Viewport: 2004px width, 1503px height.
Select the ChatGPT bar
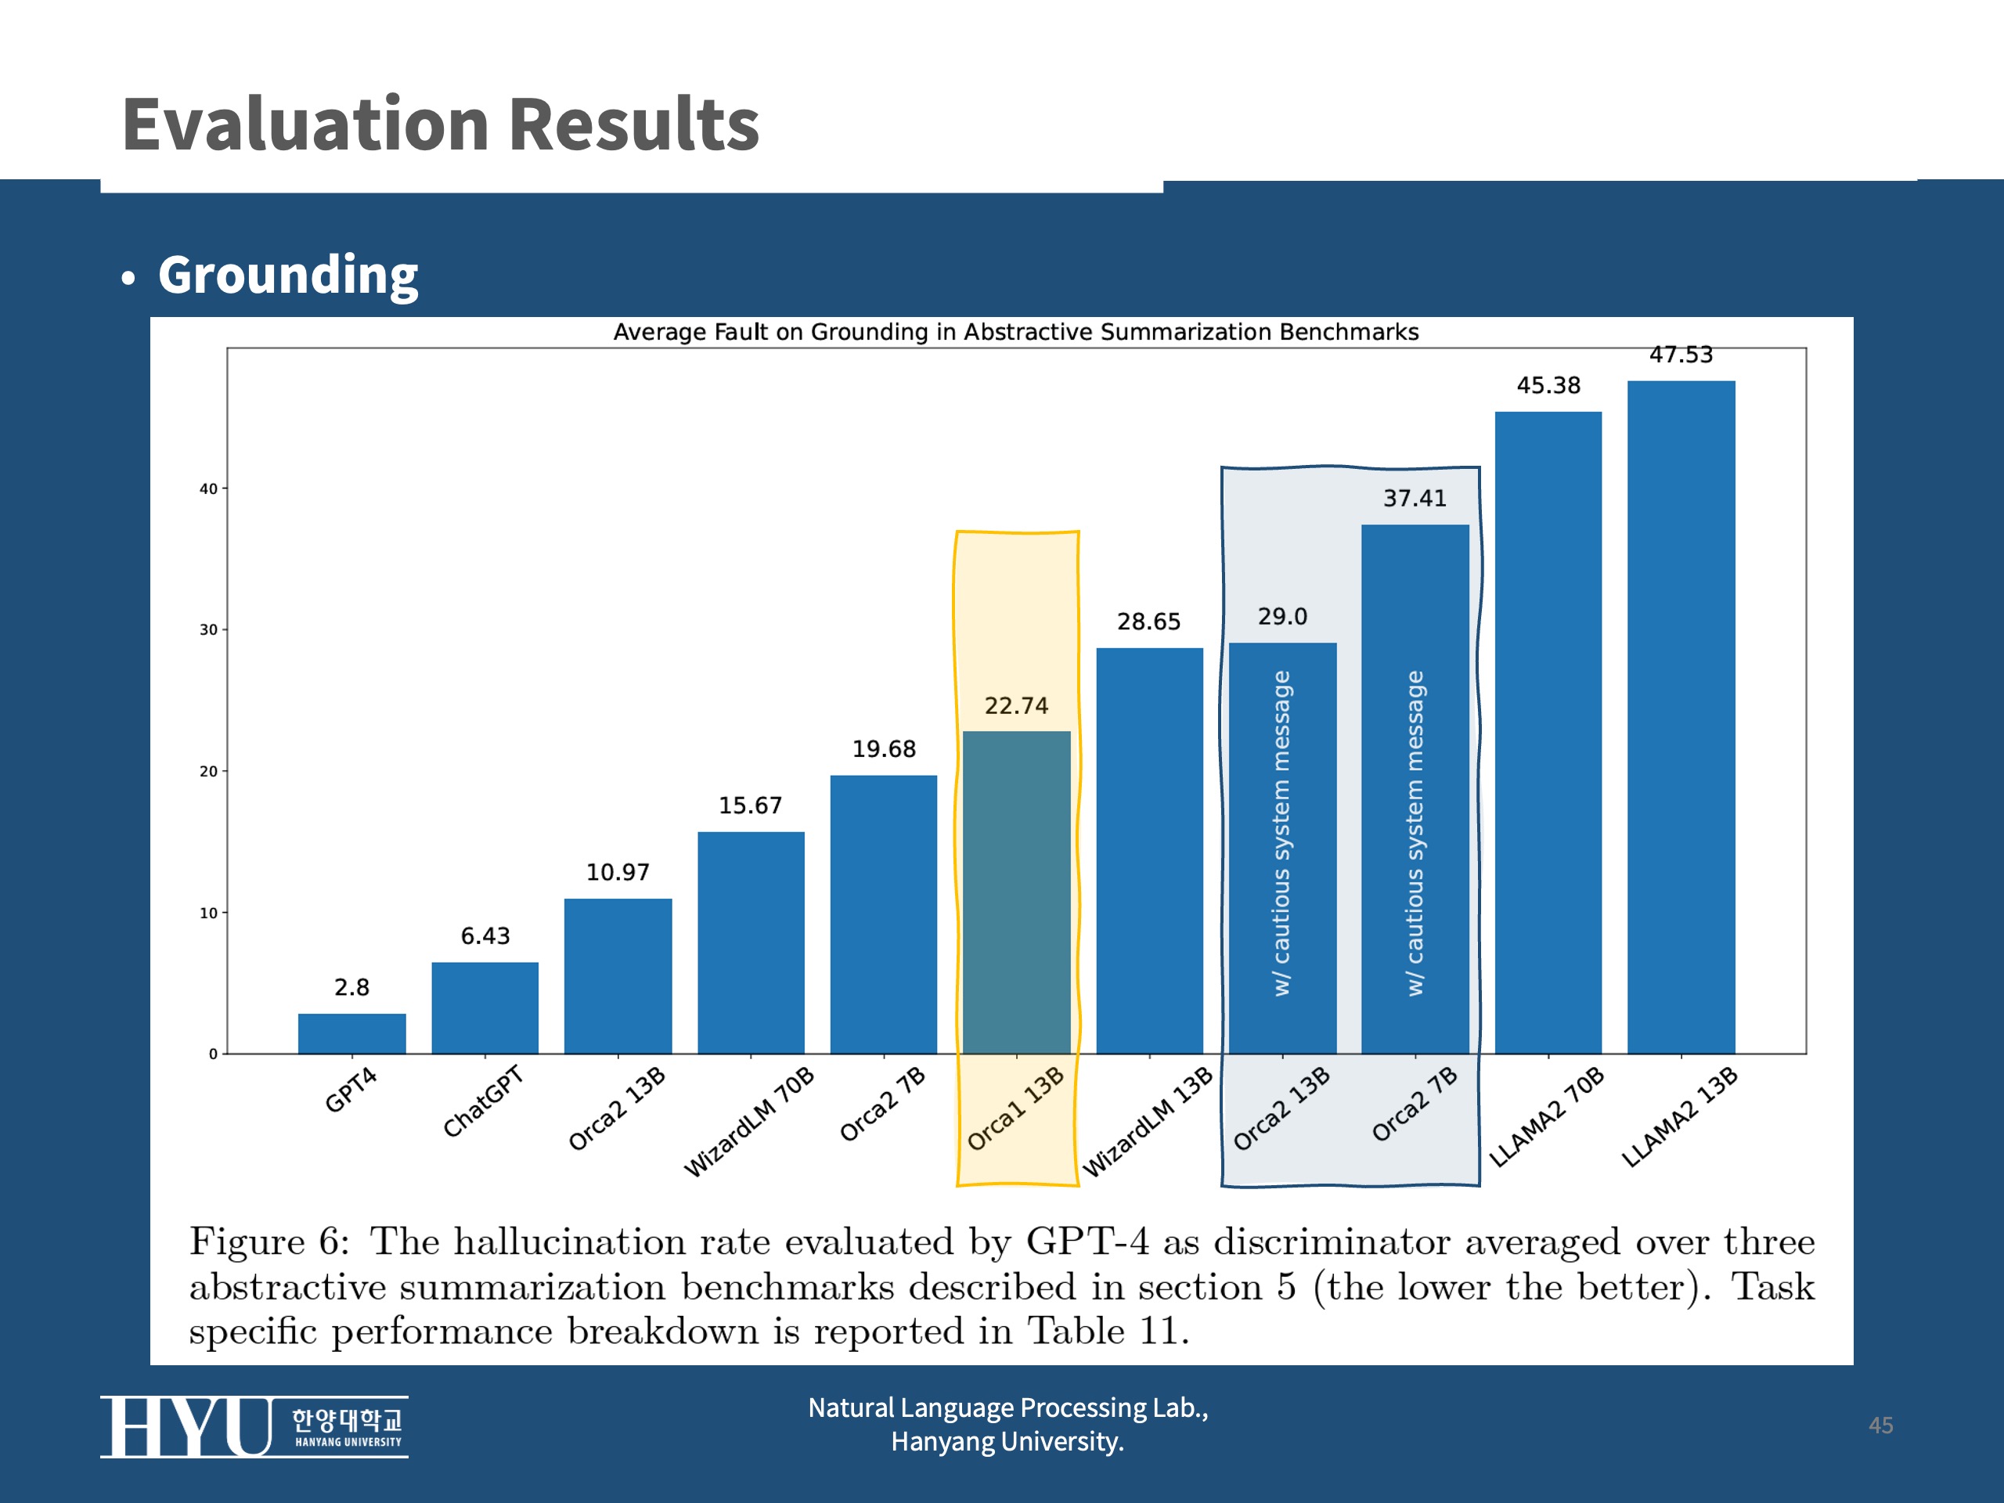[x=485, y=1007]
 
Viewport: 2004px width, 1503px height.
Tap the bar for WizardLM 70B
[x=750, y=943]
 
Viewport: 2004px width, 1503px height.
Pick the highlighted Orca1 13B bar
[x=1017, y=892]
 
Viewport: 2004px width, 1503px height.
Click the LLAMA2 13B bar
[x=1681, y=716]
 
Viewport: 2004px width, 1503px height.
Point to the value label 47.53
[x=1681, y=355]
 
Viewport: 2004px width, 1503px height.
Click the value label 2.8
[x=351, y=986]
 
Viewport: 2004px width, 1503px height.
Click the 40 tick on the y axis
[x=208, y=488]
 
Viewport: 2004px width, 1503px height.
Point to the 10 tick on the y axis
[x=208, y=912]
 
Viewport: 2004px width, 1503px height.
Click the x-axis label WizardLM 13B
[x=1148, y=1122]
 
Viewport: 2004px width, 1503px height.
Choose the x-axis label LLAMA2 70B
[x=1547, y=1117]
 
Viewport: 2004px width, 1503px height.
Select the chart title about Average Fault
[x=1015, y=332]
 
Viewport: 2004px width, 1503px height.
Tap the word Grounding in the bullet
[x=288, y=275]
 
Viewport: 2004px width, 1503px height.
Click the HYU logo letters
[x=186, y=1426]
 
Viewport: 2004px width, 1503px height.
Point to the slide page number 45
[x=1881, y=1425]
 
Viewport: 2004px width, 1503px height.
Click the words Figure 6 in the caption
[x=269, y=1242]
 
